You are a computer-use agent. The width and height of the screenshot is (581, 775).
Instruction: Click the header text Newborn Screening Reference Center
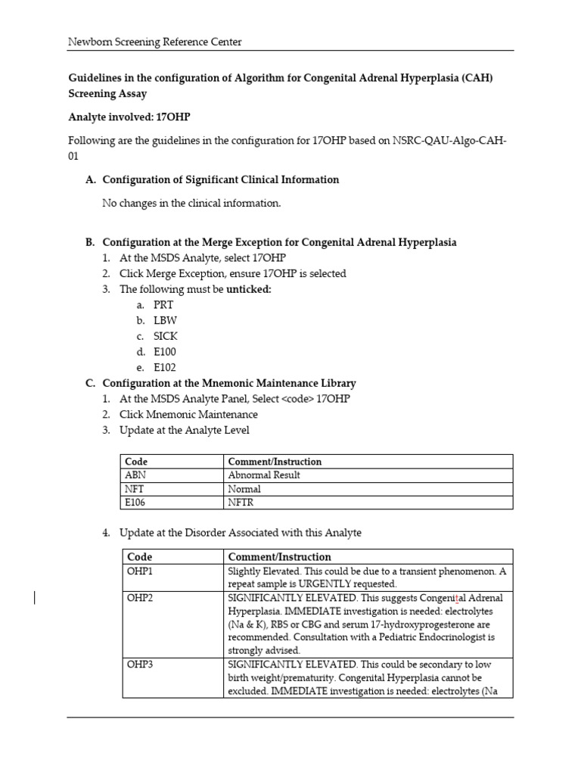click(x=155, y=42)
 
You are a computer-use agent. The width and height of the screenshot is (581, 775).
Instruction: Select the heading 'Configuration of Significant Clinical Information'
click(x=220, y=179)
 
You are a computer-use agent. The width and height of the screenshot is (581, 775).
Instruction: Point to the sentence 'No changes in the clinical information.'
click(x=191, y=203)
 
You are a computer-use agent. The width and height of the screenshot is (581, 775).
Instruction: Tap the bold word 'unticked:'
click(x=249, y=289)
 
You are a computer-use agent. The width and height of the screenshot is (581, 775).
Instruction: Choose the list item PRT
click(x=163, y=305)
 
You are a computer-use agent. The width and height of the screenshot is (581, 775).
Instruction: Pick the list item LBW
click(x=164, y=320)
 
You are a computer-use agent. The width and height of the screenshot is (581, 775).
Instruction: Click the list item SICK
click(x=166, y=336)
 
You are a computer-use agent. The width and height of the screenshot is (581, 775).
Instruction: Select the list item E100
click(x=166, y=352)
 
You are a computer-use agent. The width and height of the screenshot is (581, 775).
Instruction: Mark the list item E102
click(x=166, y=367)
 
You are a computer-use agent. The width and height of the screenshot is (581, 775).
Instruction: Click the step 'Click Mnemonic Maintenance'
click(x=188, y=415)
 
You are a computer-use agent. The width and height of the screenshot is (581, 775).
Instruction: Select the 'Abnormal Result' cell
click(x=264, y=475)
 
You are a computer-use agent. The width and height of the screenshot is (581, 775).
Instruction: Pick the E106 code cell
click(x=137, y=502)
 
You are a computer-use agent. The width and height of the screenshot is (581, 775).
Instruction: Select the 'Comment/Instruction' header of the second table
click(x=279, y=556)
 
